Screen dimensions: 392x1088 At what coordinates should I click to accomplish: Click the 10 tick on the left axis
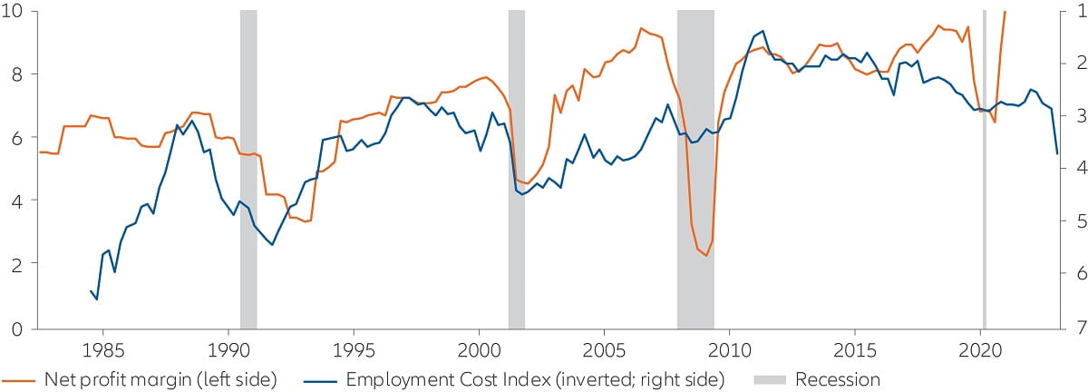[17, 11]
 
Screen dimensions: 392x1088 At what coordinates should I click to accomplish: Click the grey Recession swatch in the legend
[771, 379]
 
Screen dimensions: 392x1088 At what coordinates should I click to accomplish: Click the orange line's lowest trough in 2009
[705, 256]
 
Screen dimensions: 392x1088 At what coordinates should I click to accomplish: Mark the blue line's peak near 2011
[763, 32]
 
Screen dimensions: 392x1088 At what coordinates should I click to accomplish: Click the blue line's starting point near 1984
[91, 290]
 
